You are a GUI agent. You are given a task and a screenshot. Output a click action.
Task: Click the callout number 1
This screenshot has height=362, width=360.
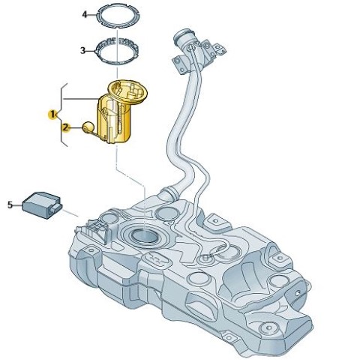coord(52,115)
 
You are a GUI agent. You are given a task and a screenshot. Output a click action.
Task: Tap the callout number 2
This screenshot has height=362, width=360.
coord(65,127)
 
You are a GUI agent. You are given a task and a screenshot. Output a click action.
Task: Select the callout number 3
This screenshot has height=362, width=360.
coord(83,51)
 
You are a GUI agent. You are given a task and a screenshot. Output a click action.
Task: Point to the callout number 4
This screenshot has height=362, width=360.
coord(85,15)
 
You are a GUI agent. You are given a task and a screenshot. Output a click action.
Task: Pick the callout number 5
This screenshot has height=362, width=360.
coord(10,205)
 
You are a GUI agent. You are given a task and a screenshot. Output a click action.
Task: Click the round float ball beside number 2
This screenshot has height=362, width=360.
coord(88,127)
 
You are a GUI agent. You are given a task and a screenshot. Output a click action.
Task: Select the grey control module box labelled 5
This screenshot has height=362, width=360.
coord(42,205)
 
